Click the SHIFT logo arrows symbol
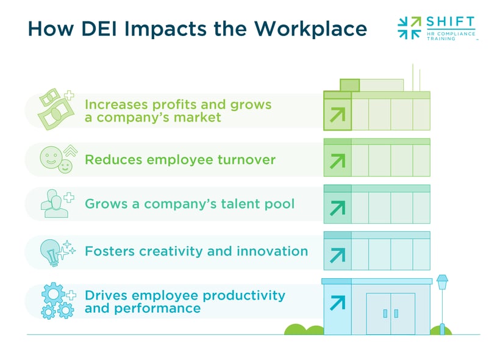pyautogui.click(x=409, y=27)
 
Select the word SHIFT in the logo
pyautogui.click(x=451, y=22)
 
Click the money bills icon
pyautogui.click(x=54, y=109)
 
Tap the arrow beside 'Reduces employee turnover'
pyautogui.click(x=337, y=161)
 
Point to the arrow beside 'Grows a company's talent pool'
pyautogui.click(x=337, y=207)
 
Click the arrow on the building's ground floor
pyautogui.click(x=337, y=302)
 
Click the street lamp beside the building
pyautogui.click(x=442, y=302)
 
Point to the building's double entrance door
pyautogui.click(x=390, y=313)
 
